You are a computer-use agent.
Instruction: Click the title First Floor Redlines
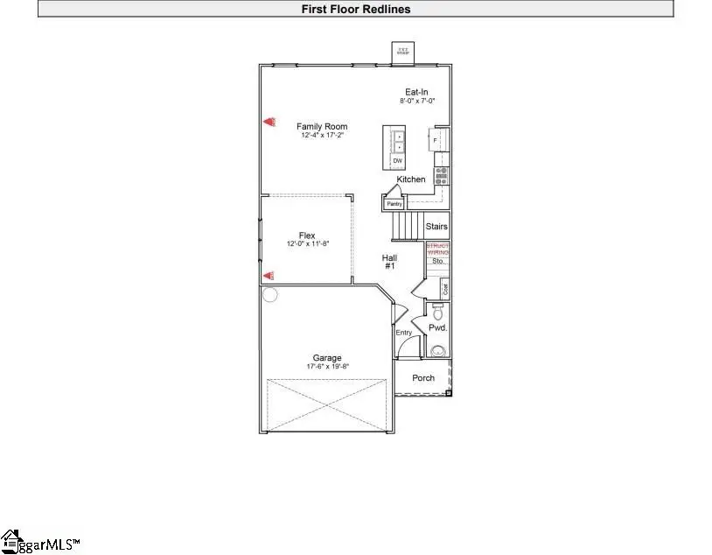click(x=355, y=10)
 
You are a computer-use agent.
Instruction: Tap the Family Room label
click(x=322, y=127)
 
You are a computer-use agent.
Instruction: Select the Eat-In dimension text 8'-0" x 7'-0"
click(x=415, y=102)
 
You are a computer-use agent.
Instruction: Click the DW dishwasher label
click(x=397, y=161)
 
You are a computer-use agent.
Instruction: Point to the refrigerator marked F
click(x=434, y=140)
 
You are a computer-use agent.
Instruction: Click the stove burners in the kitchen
click(x=442, y=175)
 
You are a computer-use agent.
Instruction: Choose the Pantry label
click(x=394, y=204)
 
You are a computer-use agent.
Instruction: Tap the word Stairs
click(x=436, y=227)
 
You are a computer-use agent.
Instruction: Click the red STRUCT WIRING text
click(x=437, y=249)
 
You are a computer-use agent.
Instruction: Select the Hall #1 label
click(x=389, y=261)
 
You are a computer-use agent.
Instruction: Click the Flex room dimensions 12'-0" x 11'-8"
click(x=307, y=244)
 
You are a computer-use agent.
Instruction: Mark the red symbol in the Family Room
click(x=270, y=123)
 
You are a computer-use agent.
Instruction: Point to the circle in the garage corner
click(x=269, y=295)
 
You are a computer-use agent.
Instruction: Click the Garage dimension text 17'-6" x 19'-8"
click(x=328, y=366)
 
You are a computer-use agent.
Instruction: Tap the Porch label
click(x=423, y=378)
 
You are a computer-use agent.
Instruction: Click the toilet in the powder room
click(x=438, y=313)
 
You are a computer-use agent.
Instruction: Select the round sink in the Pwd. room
click(x=437, y=351)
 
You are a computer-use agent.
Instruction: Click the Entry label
click(x=403, y=333)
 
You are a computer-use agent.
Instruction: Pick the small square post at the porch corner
click(x=448, y=393)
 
